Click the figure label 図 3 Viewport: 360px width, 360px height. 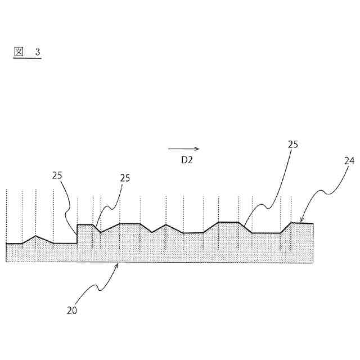coord(27,52)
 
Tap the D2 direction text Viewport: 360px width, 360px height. coord(187,160)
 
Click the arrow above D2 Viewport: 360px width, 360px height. coord(183,149)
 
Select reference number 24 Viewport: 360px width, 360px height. coord(349,160)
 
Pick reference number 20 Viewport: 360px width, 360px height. coord(73,310)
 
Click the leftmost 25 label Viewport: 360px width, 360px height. coord(58,175)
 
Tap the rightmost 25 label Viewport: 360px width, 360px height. coord(292,145)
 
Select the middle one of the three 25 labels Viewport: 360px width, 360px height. coord(125,178)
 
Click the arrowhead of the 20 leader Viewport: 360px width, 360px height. coord(118,263)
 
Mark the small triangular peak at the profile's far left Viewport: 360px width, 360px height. coord(35,236)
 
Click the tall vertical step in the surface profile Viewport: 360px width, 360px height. coord(77,233)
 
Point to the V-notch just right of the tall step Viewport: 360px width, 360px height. coord(100,232)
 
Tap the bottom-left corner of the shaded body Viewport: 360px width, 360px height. coord(6,262)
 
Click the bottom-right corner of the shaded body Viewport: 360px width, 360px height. coord(313,262)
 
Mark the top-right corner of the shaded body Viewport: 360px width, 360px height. coord(313,224)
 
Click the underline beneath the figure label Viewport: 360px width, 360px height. coord(27,58)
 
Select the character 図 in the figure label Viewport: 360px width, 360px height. coord(18,52)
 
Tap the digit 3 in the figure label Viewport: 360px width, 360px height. coord(38,52)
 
